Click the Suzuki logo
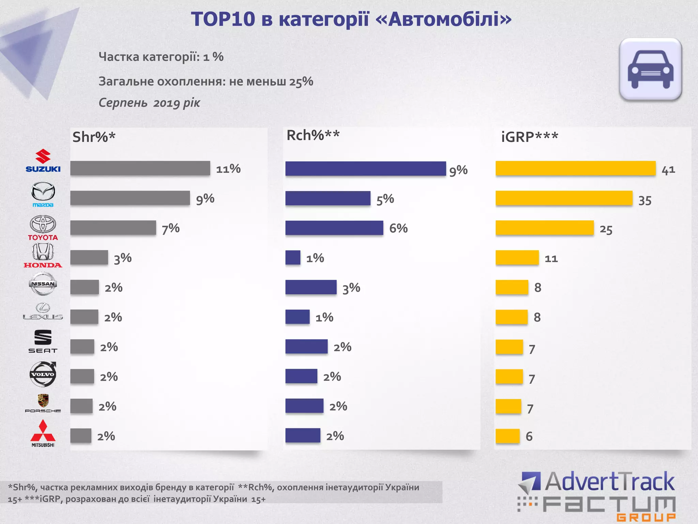[x=43, y=161]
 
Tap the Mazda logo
[x=43, y=194]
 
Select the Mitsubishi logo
[x=43, y=433]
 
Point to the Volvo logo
[x=43, y=374]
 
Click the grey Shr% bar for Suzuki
[x=140, y=168]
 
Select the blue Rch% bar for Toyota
[x=334, y=228]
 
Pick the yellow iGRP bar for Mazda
[x=564, y=198]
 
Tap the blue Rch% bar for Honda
[x=293, y=258]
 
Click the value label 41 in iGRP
[x=668, y=170]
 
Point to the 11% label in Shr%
[x=228, y=169]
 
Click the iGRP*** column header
[x=529, y=137]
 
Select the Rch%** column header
[x=313, y=135]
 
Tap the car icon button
[x=650, y=69]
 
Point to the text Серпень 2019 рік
[x=149, y=103]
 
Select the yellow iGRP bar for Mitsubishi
[x=507, y=436]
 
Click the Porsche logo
[x=43, y=403]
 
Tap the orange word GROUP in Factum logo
[x=646, y=518]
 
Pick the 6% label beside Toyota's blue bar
[x=398, y=228]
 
